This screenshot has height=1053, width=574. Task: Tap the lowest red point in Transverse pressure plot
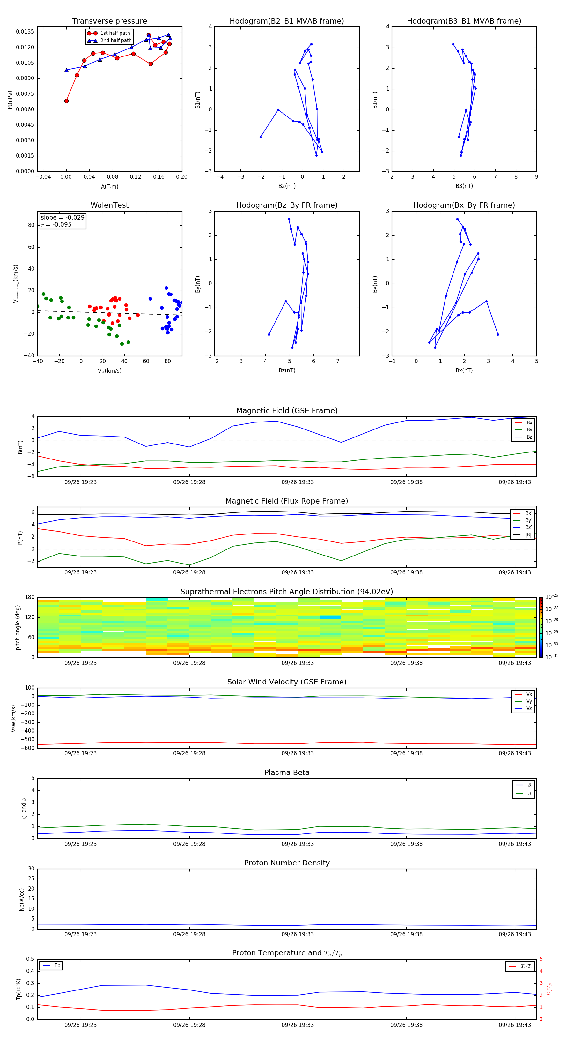[67, 101]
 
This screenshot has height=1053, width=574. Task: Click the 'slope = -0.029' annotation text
[63, 218]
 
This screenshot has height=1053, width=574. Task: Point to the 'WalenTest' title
[109, 205]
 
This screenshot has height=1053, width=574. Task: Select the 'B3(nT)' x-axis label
[464, 186]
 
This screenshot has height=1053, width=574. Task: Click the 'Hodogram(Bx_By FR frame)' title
[464, 205]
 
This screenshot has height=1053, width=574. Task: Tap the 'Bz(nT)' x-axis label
[287, 370]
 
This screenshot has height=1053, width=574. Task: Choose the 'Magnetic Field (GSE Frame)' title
[287, 411]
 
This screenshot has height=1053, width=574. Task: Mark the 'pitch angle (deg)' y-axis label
[18, 627]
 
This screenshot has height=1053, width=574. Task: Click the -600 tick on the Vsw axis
[29, 748]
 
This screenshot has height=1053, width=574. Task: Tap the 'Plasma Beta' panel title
[287, 773]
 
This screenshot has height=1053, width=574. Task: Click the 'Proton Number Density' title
[287, 863]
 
